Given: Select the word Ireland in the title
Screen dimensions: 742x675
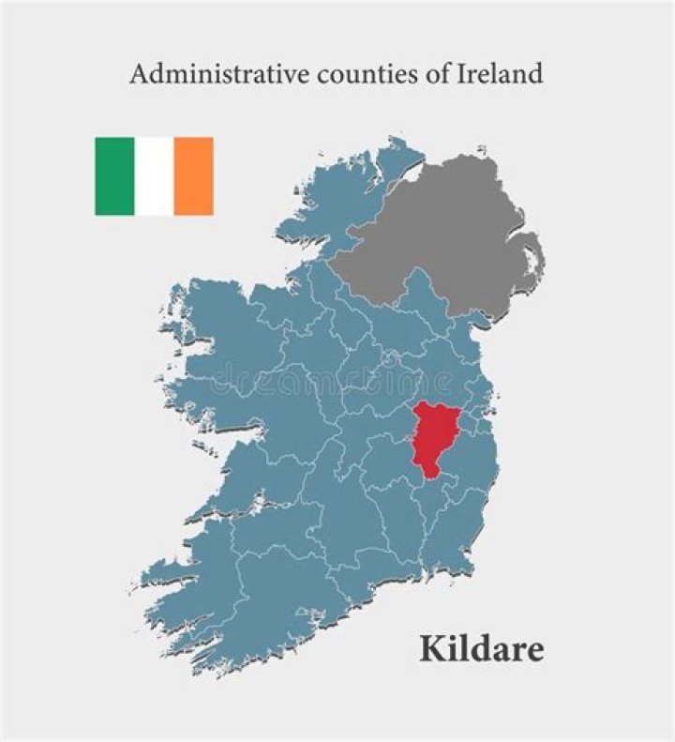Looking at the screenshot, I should point(498,74).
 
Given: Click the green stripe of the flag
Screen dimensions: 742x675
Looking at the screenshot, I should point(114,175).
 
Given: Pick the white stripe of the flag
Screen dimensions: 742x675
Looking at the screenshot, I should point(154,175).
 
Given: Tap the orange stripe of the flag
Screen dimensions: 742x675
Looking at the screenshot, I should point(193,175).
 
